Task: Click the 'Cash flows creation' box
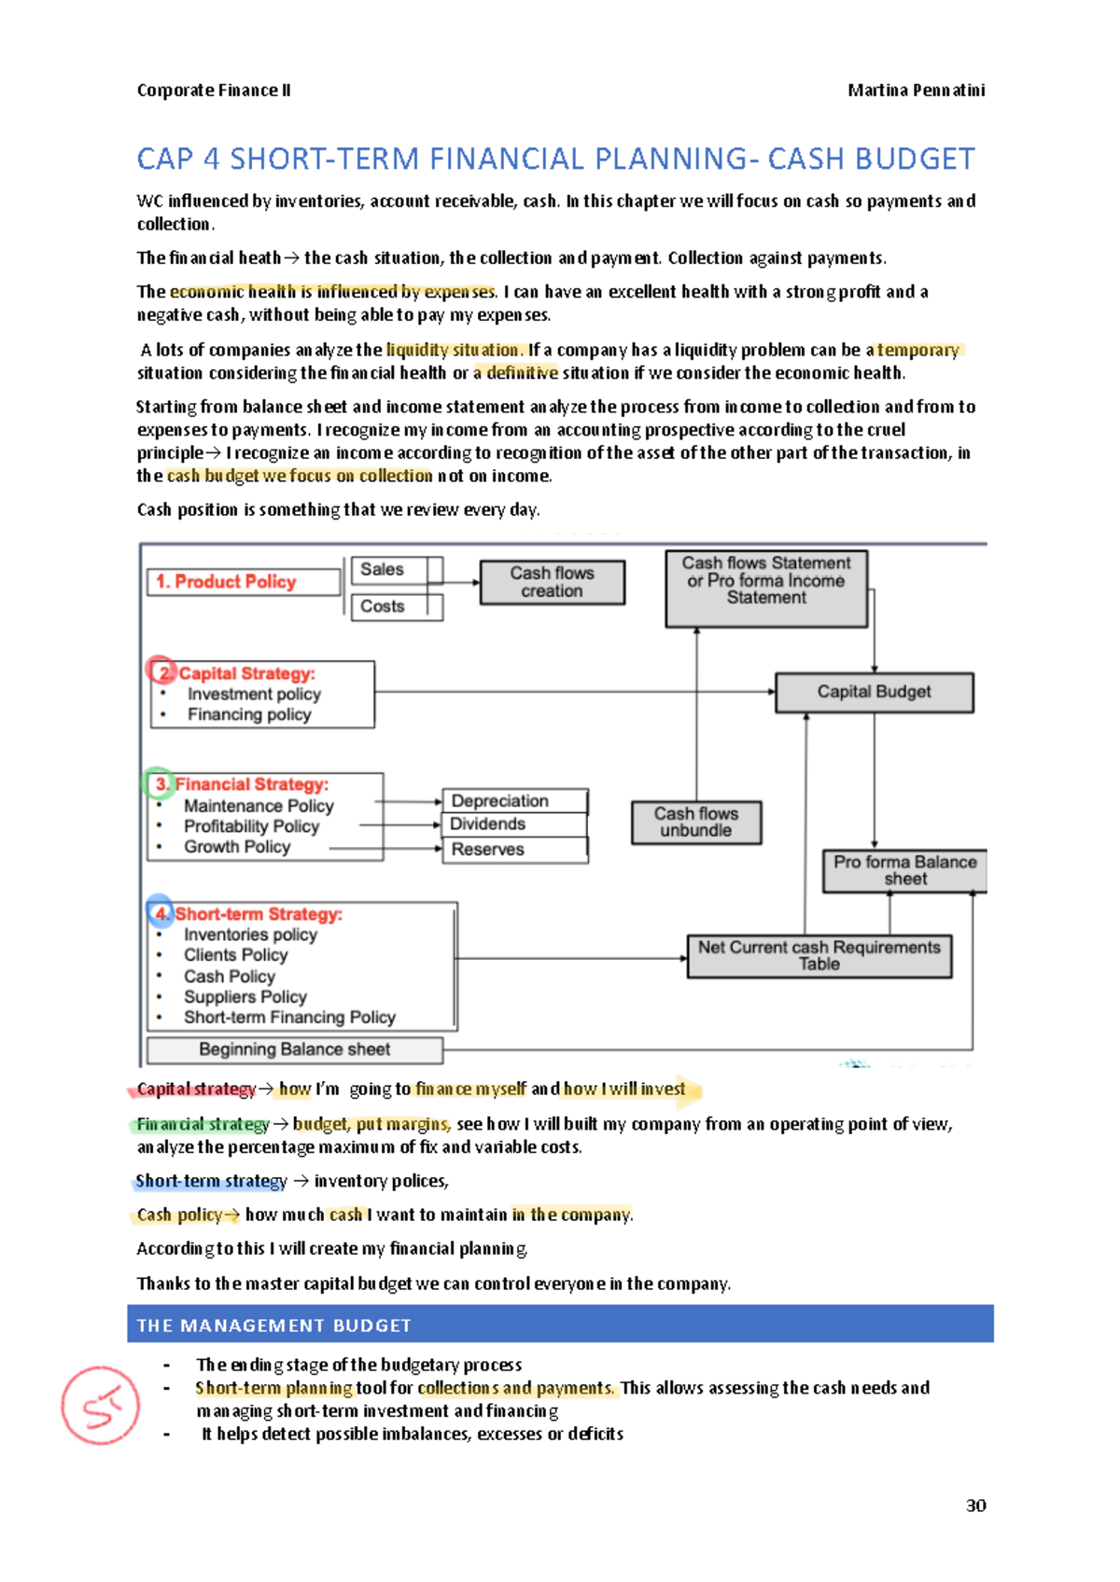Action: point(552,582)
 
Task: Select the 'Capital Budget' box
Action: point(874,692)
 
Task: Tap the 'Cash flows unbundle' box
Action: point(695,822)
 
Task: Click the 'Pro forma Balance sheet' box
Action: point(903,870)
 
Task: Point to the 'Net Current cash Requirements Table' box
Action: point(819,956)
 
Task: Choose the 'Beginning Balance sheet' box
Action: point(294,1049)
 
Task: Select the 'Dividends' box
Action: point(513,825)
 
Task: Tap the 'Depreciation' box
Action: point(513,800)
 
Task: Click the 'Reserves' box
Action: point(513,850)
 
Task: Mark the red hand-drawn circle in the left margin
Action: point(100,1406)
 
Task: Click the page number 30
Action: point(975,1506)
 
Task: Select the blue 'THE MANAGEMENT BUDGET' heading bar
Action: point(560,1325)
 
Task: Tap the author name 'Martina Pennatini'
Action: point(916,90)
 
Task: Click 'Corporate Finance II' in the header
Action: point(214,90)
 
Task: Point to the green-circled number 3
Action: point(160,784)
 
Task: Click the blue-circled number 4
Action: point(161,912)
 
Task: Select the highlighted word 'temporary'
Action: point(918,350)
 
